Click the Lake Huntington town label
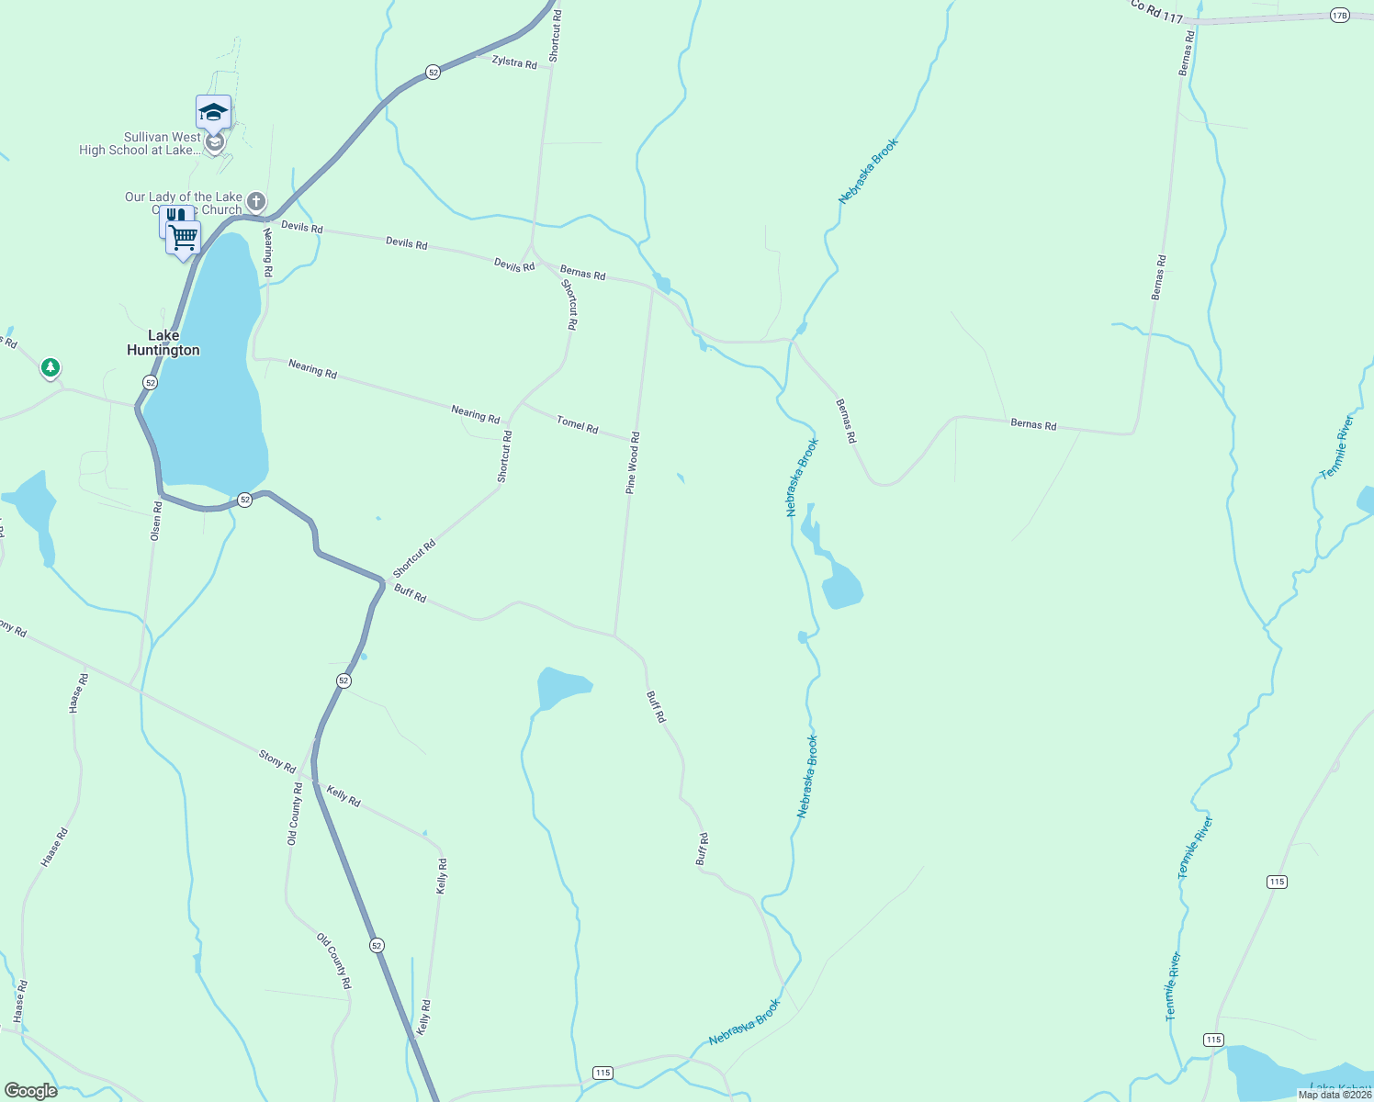pyautogui.click(x=163, y=343)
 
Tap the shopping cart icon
pyautogui.click(x=184, y=238)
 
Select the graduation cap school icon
pyautogui.click(x=213, y=112)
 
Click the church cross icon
pyautogui.click(x=256, y=201)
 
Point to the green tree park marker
pyautogui.click(x=51, y=368)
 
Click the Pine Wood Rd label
pyautogui.click(x=633, y=464)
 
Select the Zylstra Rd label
pyautogui.click(x=514, y=62)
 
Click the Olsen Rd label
pyautogui.click(x=156, y=520)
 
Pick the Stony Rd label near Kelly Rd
pyautogui.click(x=277, y=761)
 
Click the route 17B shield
pyautogui.click(x=1339, y=15)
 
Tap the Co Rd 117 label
pyautogui.click(x=1156, y=11)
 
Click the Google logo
pyautogui.click(x=30, y=1091)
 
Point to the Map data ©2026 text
pyautogui.click(x=1335, y=1095)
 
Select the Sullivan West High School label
pyautogui.click(x=140, y=143)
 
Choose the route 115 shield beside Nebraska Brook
pyautogui.click(x=603, y=1073)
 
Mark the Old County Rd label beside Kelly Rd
pyautogui.click(x=295, y=815)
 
